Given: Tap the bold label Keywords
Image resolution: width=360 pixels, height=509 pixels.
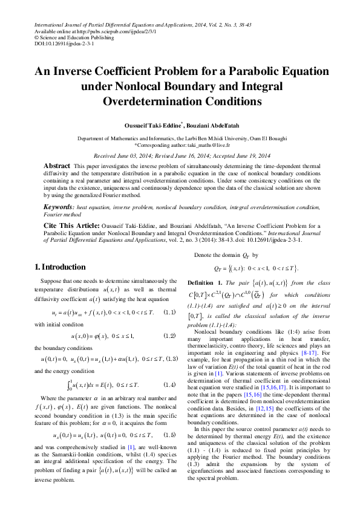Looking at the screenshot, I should click(58, 207).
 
